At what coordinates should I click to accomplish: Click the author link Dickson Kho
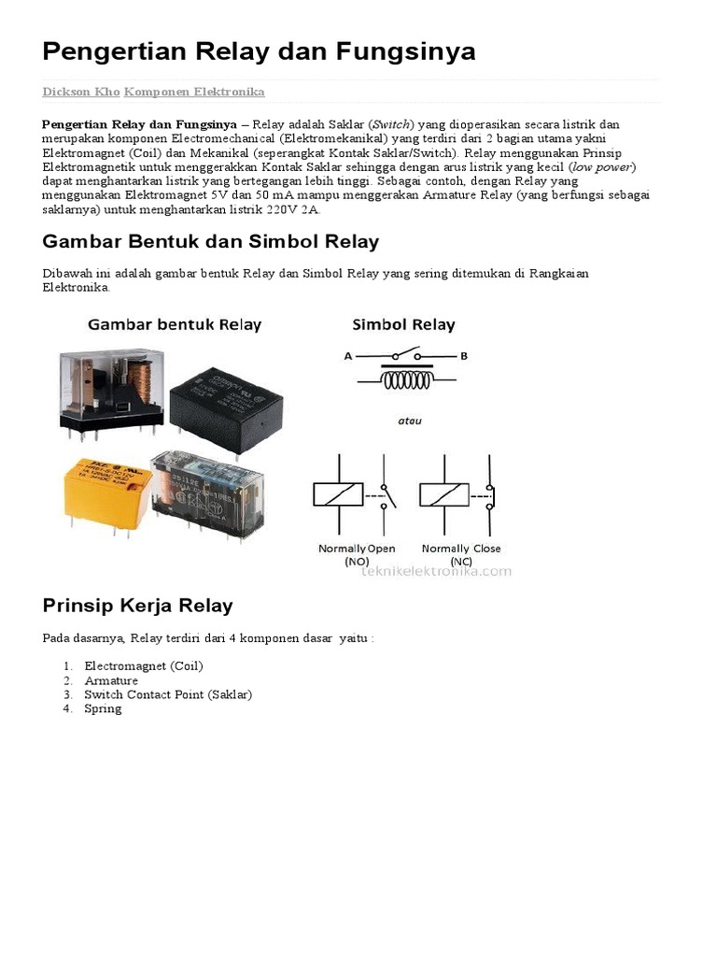pyautogui.click(x=80, y=92)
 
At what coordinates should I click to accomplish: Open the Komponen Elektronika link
pyautogui.click(x=194, y=92)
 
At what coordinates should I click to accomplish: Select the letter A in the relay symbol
pyautogui.click(x=348, y=356)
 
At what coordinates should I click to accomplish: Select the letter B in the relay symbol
pyautogui.click(x=463, y=356)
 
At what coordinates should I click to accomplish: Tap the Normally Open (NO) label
pyautogui.click(x=357, y=554)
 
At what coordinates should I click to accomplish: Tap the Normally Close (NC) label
pyautogui.click(x=461, y=554)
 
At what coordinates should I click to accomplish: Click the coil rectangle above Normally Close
pyautogui.click(x=444, y=494)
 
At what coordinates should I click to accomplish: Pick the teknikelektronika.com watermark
pyautogui.click(x=436, y=570)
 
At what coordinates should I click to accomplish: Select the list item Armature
pyautogui.click(x=111, y=680)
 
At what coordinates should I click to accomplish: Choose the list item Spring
pyautogui.click(x=103, y=708)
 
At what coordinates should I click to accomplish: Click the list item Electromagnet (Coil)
pyautogui.click(x=143, y=666)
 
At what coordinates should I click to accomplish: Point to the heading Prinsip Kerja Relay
pyautogui.click(x=137, y=606)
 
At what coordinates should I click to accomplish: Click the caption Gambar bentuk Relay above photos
pyautogui.click(x=175, y=325)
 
